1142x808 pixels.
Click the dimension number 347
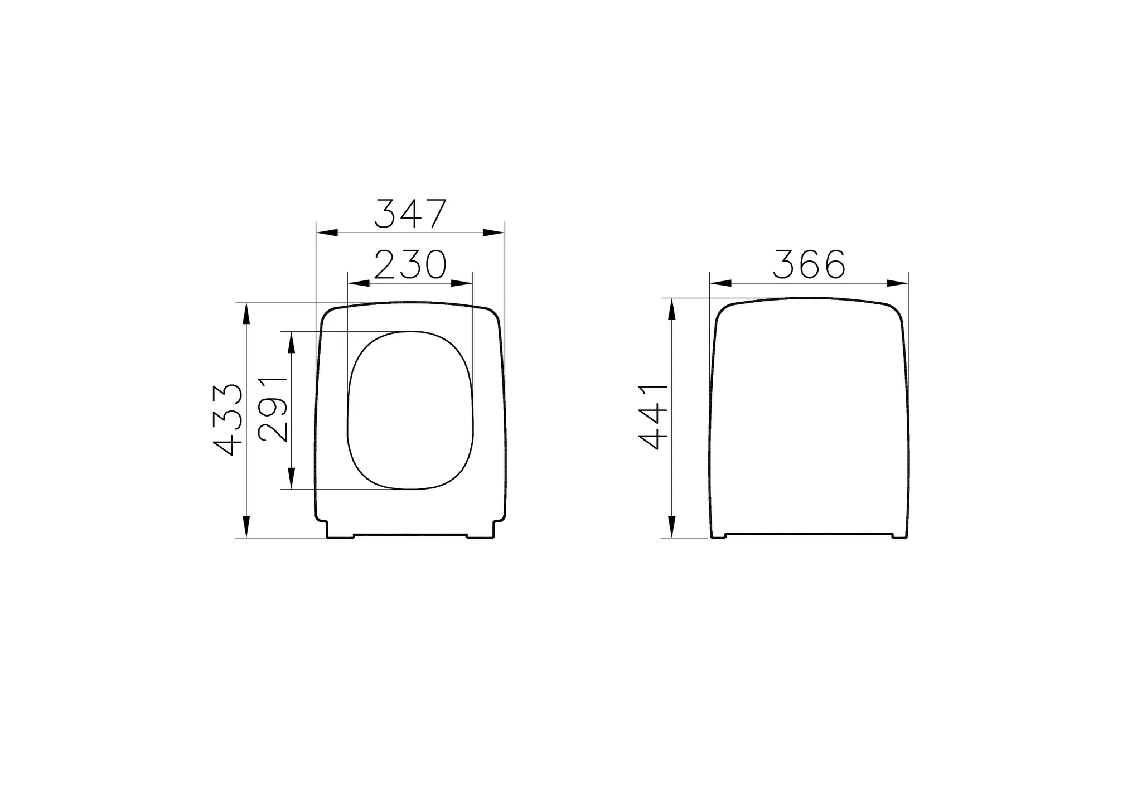point(410,214)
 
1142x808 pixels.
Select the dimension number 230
point(410,265)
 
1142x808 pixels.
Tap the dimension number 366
point(809,264)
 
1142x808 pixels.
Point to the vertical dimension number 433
point(229,420)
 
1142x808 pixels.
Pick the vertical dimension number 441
point(654,417)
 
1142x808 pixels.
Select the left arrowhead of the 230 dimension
point(358,283)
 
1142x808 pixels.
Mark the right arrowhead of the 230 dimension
point(462,283)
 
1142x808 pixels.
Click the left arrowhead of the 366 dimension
point(720,283)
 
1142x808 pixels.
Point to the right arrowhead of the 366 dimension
point(897,283)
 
